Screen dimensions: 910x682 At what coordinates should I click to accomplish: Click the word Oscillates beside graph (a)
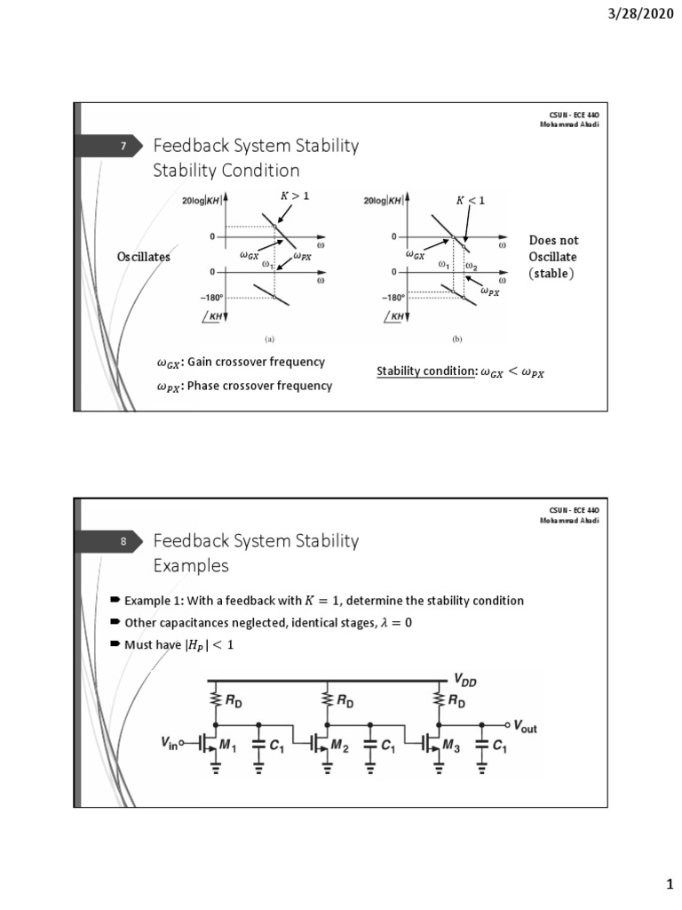(144, 257)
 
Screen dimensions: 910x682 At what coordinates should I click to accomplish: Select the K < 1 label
(471, 201)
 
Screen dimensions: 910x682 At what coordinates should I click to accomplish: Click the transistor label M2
(338, 746)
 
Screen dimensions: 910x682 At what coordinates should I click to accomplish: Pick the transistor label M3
(453, 746)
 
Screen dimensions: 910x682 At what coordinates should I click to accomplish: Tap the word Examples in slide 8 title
(191, 566)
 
